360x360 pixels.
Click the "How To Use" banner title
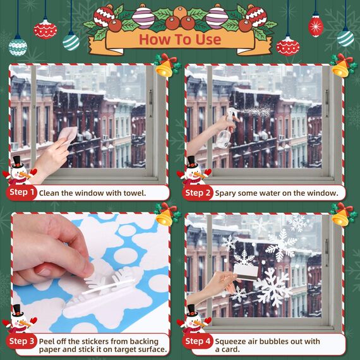pos(179,39)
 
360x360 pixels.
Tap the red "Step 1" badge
pos(22,192)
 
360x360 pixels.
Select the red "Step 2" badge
pos(198,193)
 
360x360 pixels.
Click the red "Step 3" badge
pos(22,342)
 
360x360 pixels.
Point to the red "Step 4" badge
pos(198,342)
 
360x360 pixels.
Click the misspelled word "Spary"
pos(227,193)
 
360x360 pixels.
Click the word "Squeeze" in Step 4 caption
pos(231,341)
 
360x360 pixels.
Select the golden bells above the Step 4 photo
pos(342,215)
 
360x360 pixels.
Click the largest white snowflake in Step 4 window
pos(273,287)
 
